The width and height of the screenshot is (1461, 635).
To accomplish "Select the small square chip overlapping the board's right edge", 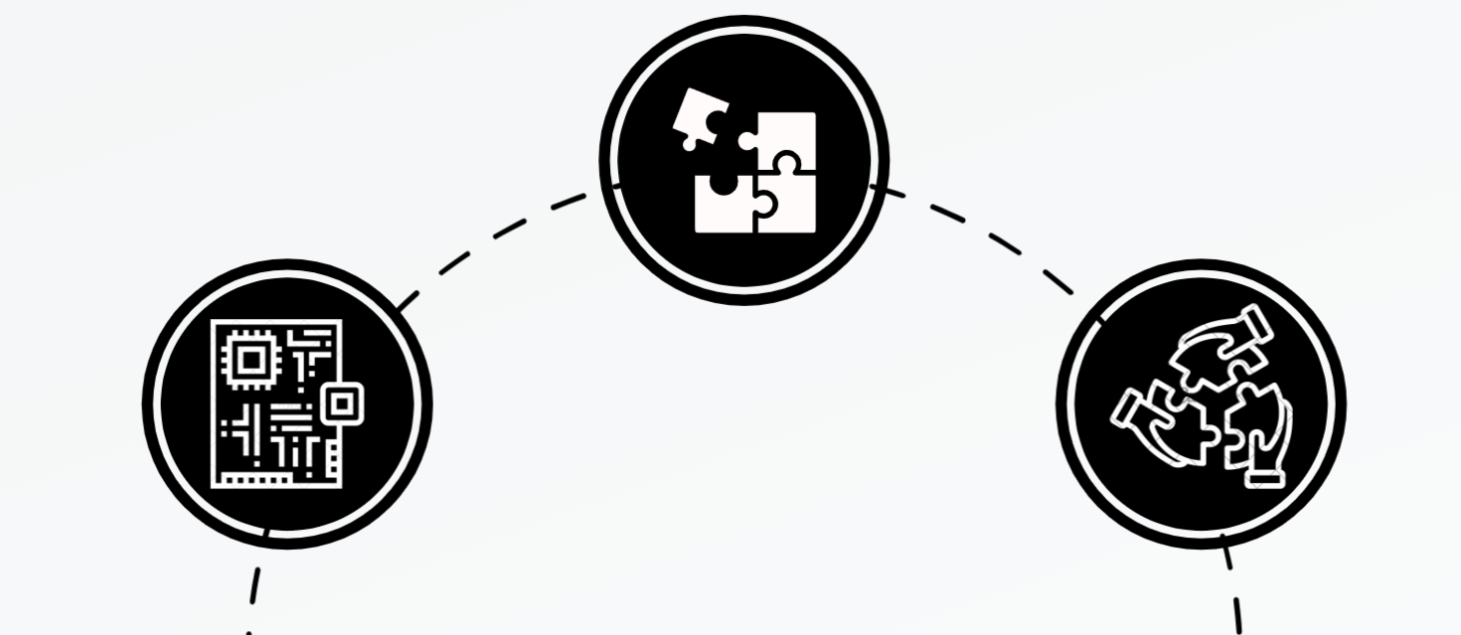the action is click(341, 402).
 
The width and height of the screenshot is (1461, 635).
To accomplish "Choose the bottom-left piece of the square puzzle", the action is click(722, 206).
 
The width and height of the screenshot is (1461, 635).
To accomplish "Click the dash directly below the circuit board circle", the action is click(255, 584).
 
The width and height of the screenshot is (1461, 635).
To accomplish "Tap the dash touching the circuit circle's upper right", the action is click(407, 297).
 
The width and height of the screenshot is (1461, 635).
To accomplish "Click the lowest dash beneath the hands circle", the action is click(1237, 613).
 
